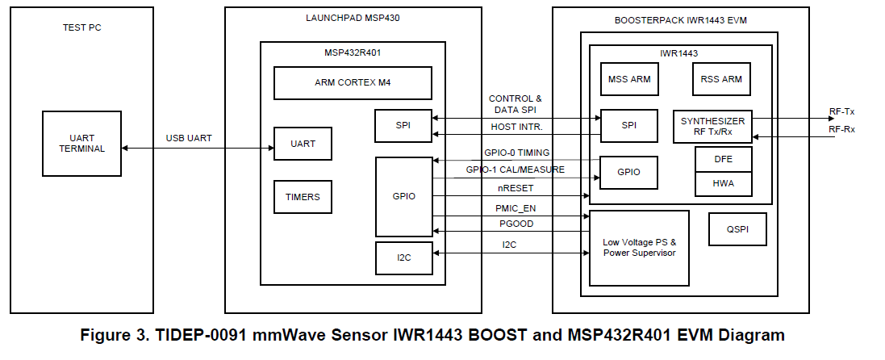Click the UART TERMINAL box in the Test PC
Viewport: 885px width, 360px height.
click(81, 143)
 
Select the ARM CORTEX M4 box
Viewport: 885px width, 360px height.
click(353, 82)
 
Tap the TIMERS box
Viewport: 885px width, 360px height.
click(303, 196)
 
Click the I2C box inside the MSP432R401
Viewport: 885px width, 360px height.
click(403, 257)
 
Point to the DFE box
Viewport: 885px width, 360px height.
click(724, 159)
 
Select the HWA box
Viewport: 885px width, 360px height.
click(724, 184)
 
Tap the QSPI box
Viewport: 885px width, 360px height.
click(737, 228)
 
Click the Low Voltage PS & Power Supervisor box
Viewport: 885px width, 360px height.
click(639, 248)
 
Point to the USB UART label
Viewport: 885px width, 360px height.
click(189, 138)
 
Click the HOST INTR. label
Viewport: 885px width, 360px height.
click(516, 127)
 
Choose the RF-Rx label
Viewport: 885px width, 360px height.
click(842, 128)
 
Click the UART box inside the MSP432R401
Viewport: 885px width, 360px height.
click(303, 144)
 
